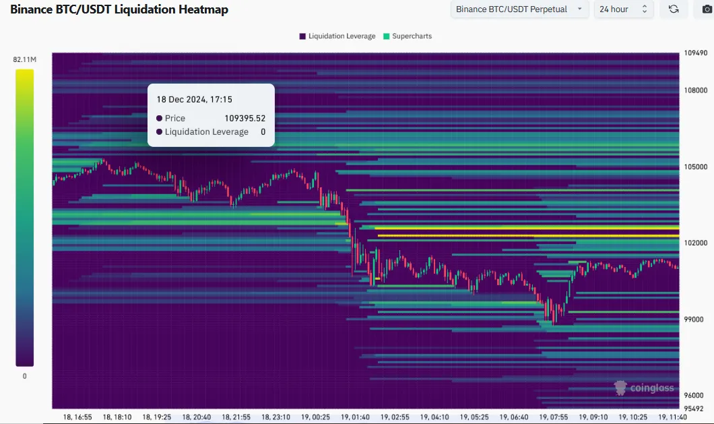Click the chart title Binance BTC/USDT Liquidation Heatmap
pyautogui.click(x=119, y=9)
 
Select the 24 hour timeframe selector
pyautogui.click(x=623, y=9)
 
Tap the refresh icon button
pyautogui.click(x=673, y=9)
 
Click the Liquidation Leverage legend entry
pyautogui.click(x=337, y=36)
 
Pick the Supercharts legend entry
pyautogui.click(x=407, y=36)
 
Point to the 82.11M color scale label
pyautogui.click(x=24, y=60)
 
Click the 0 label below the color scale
pyautogui.click(x=25, y=376)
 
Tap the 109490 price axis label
pyautogui.click(x=695, y=53)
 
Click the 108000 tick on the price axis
pyautogui.click(x=695, y=90)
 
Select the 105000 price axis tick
pyautogui.click(x=695, y=166)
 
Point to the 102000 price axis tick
pyautogui.click(x=695, y=243)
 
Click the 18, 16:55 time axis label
pyautogui.click(x=78, y=417)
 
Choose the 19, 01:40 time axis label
pyautogui.click(x=354, y=417)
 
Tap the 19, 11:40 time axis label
pyautogui.click(x=672, y=417)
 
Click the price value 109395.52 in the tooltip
pyautogui.click(x=245, y=118)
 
